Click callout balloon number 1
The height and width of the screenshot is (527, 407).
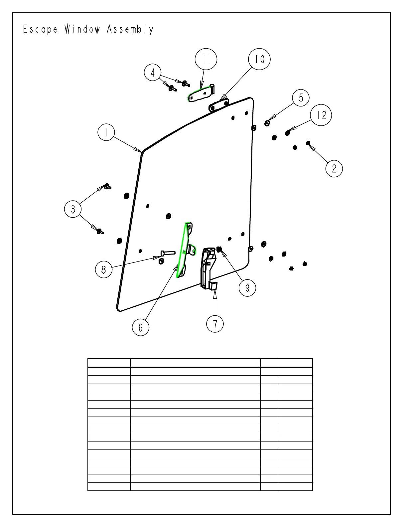[106, 133]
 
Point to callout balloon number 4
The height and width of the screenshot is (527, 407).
[153, 73]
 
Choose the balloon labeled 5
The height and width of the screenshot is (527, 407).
[301, 98]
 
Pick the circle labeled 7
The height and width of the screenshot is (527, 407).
[215, 323]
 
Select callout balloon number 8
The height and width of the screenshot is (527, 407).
[104, 269]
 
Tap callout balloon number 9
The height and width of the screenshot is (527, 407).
[247, 287]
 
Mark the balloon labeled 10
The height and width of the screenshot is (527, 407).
[259, 60]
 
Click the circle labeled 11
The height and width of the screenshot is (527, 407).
[206, 60]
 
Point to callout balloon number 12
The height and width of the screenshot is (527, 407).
[321, 115]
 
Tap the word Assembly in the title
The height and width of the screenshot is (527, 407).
[130, 30]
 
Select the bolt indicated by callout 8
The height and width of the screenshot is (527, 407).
[168, 253]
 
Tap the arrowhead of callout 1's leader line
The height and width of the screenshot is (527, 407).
[140, 150]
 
